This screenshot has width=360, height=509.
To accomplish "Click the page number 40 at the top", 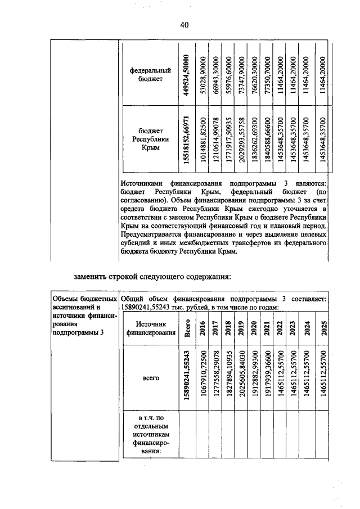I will coord(184,25).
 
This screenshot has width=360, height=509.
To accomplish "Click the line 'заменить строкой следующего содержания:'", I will coord(152,276).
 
